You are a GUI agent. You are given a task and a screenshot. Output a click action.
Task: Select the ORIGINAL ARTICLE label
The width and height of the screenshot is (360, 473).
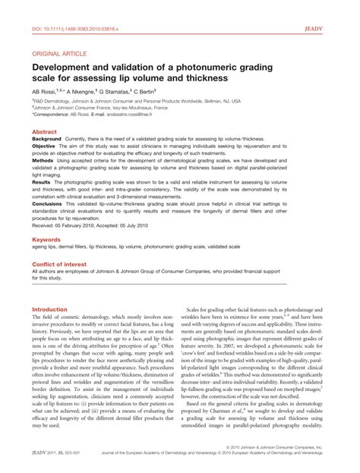(x=59, y=54)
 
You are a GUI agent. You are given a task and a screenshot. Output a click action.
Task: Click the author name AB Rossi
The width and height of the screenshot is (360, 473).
(x=47, y=89)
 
